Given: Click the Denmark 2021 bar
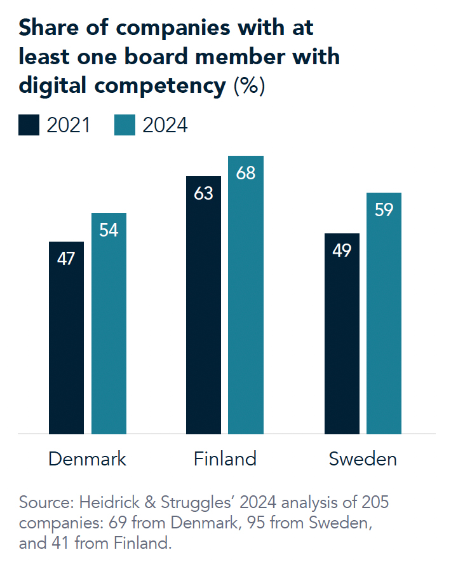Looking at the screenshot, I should (x=66, y=338).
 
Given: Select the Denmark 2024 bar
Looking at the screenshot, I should (x=109, y=324).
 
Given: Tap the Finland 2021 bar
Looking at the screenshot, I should (x=203, y=305).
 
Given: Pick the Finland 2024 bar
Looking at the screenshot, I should (x=246, y=295).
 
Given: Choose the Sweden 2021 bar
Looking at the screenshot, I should (x=342, y=334).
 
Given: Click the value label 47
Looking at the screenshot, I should (x=66, y=259).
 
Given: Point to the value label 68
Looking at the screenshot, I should (x=246, y=173).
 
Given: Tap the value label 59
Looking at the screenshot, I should (x=384, y=210).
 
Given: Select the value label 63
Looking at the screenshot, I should (x=203, y=193).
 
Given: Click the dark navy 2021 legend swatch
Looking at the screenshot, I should (x=30, y=125).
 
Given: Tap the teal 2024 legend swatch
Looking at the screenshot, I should (x=125, y=125).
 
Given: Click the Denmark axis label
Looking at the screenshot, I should (x=87, y=459).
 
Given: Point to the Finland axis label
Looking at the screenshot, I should (x=225, y=459).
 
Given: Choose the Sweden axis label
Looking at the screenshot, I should (x=363, y=459).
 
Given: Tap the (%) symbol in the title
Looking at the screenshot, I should (x=249, y=85).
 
